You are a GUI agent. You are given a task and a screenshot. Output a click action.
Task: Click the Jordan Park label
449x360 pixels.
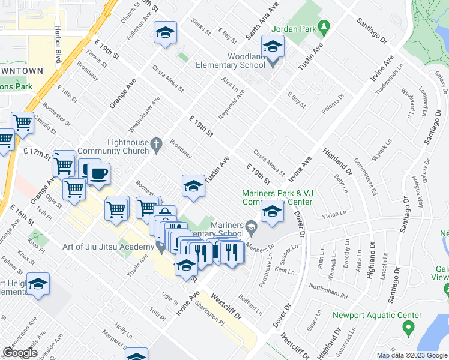coord(293,28)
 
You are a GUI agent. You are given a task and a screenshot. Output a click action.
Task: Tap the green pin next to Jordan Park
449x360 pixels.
coord(324,27)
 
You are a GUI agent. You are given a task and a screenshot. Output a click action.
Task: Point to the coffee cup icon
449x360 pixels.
coord(99,173)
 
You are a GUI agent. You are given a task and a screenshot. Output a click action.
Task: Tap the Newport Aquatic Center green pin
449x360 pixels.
coord(408,328)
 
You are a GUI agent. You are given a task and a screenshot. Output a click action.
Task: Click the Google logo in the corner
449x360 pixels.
coord(20,352)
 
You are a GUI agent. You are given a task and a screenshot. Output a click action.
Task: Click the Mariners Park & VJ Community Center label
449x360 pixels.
coord(277,197)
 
